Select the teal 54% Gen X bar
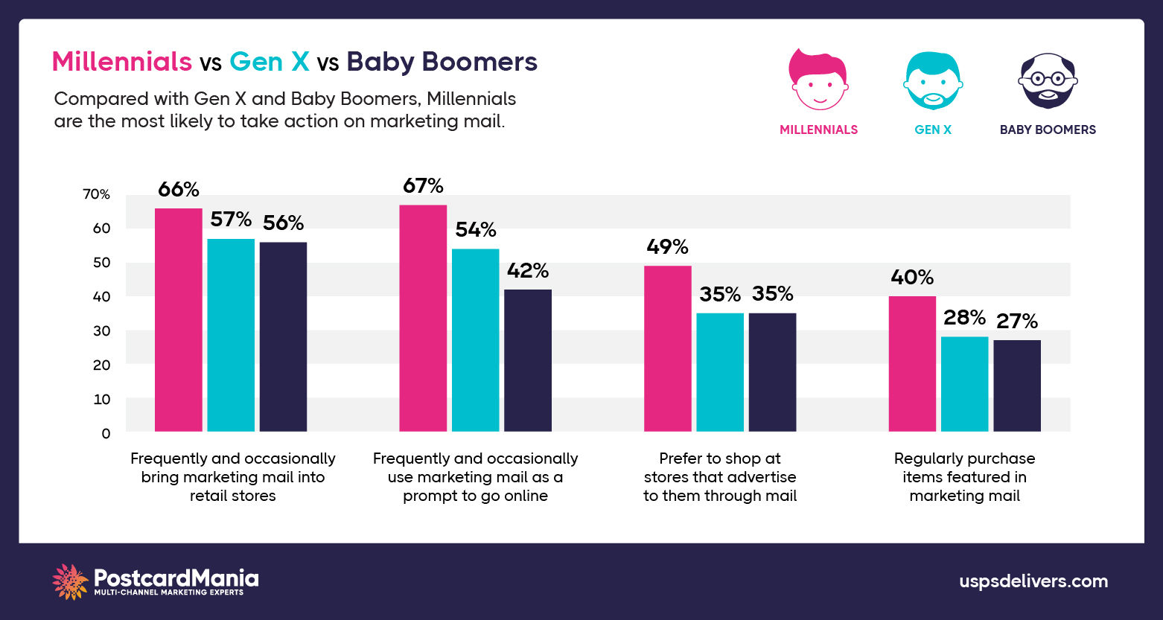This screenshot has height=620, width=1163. (475, 340)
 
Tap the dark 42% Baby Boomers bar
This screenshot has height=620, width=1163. (528, 360)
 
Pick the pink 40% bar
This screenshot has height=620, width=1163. (912, 364)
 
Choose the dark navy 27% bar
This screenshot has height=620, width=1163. (1017, 386)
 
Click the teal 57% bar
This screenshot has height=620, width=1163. (231, 335)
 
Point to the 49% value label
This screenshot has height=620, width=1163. (667, 247)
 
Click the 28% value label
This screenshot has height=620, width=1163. (964, 318)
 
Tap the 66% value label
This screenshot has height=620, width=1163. (179, 190)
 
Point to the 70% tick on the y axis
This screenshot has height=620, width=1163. (96, 195)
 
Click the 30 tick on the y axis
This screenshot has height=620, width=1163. (101, 331)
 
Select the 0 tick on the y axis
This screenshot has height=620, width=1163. (106, 433)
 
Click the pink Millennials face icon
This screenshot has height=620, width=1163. (818, 80)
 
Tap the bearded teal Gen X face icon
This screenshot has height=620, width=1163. (933, 81)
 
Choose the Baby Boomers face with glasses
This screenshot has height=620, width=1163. (1048, 81)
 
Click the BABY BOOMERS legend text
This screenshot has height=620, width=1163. (1048, 130)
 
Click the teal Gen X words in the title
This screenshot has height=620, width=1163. (269, 62)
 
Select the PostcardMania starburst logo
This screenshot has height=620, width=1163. (71, 581)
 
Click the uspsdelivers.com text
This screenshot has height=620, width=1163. (1033, 581)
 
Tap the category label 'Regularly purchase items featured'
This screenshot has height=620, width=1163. (964, 477)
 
